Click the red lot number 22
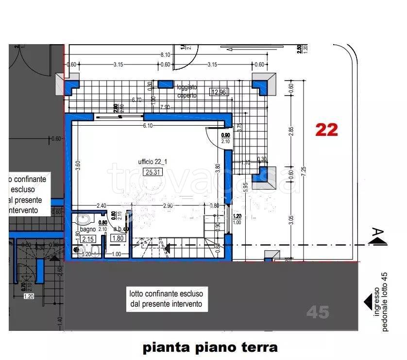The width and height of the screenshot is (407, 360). pyautogui.click(x=326, y=130)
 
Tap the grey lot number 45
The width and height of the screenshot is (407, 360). pyautogui.click(x=318, y=312)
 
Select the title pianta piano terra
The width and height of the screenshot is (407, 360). pyautogui.click(x=210, y=347)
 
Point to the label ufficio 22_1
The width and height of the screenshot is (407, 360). pyautogui.click(x=152, y=162)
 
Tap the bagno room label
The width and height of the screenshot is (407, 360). pyautogui.click(x=87, y=229)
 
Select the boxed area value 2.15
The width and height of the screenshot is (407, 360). pyautogui.click(x=87, y=239)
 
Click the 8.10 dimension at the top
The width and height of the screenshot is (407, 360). pyautogui.click(x=165, y=55)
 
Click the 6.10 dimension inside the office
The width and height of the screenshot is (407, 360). pyautogui.click(x=148, y=125)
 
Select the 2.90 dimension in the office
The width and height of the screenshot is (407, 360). pyautogui.click(x=168, y=206)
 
